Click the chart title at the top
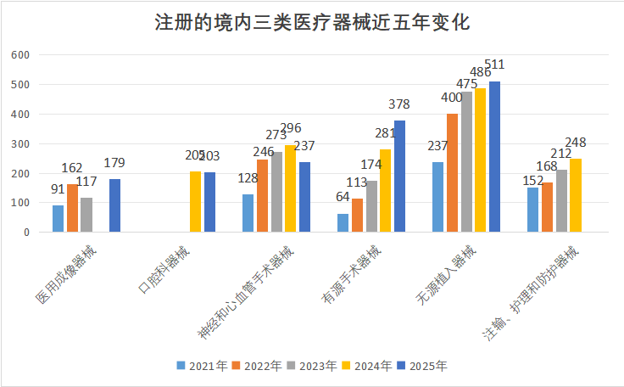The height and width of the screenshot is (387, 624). point(312,22)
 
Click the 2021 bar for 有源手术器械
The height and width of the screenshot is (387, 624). point(343,222)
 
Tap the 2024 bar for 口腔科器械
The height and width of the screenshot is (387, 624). point(196,202)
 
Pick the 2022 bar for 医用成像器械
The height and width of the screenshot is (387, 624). point(72,208)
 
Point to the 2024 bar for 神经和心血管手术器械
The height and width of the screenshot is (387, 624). point(291,188)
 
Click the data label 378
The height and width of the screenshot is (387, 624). point(398,105)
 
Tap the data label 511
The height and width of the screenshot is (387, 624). point(494,64)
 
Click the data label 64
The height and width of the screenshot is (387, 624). point(343,198)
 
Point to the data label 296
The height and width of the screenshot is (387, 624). point(291,129)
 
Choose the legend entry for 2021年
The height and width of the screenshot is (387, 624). point(202,366)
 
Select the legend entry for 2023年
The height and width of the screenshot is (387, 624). point(312,366)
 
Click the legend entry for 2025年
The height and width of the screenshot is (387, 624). point(421,366)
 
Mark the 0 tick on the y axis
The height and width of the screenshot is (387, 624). point(26,232)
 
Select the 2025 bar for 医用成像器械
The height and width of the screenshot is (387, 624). point(114,205)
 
